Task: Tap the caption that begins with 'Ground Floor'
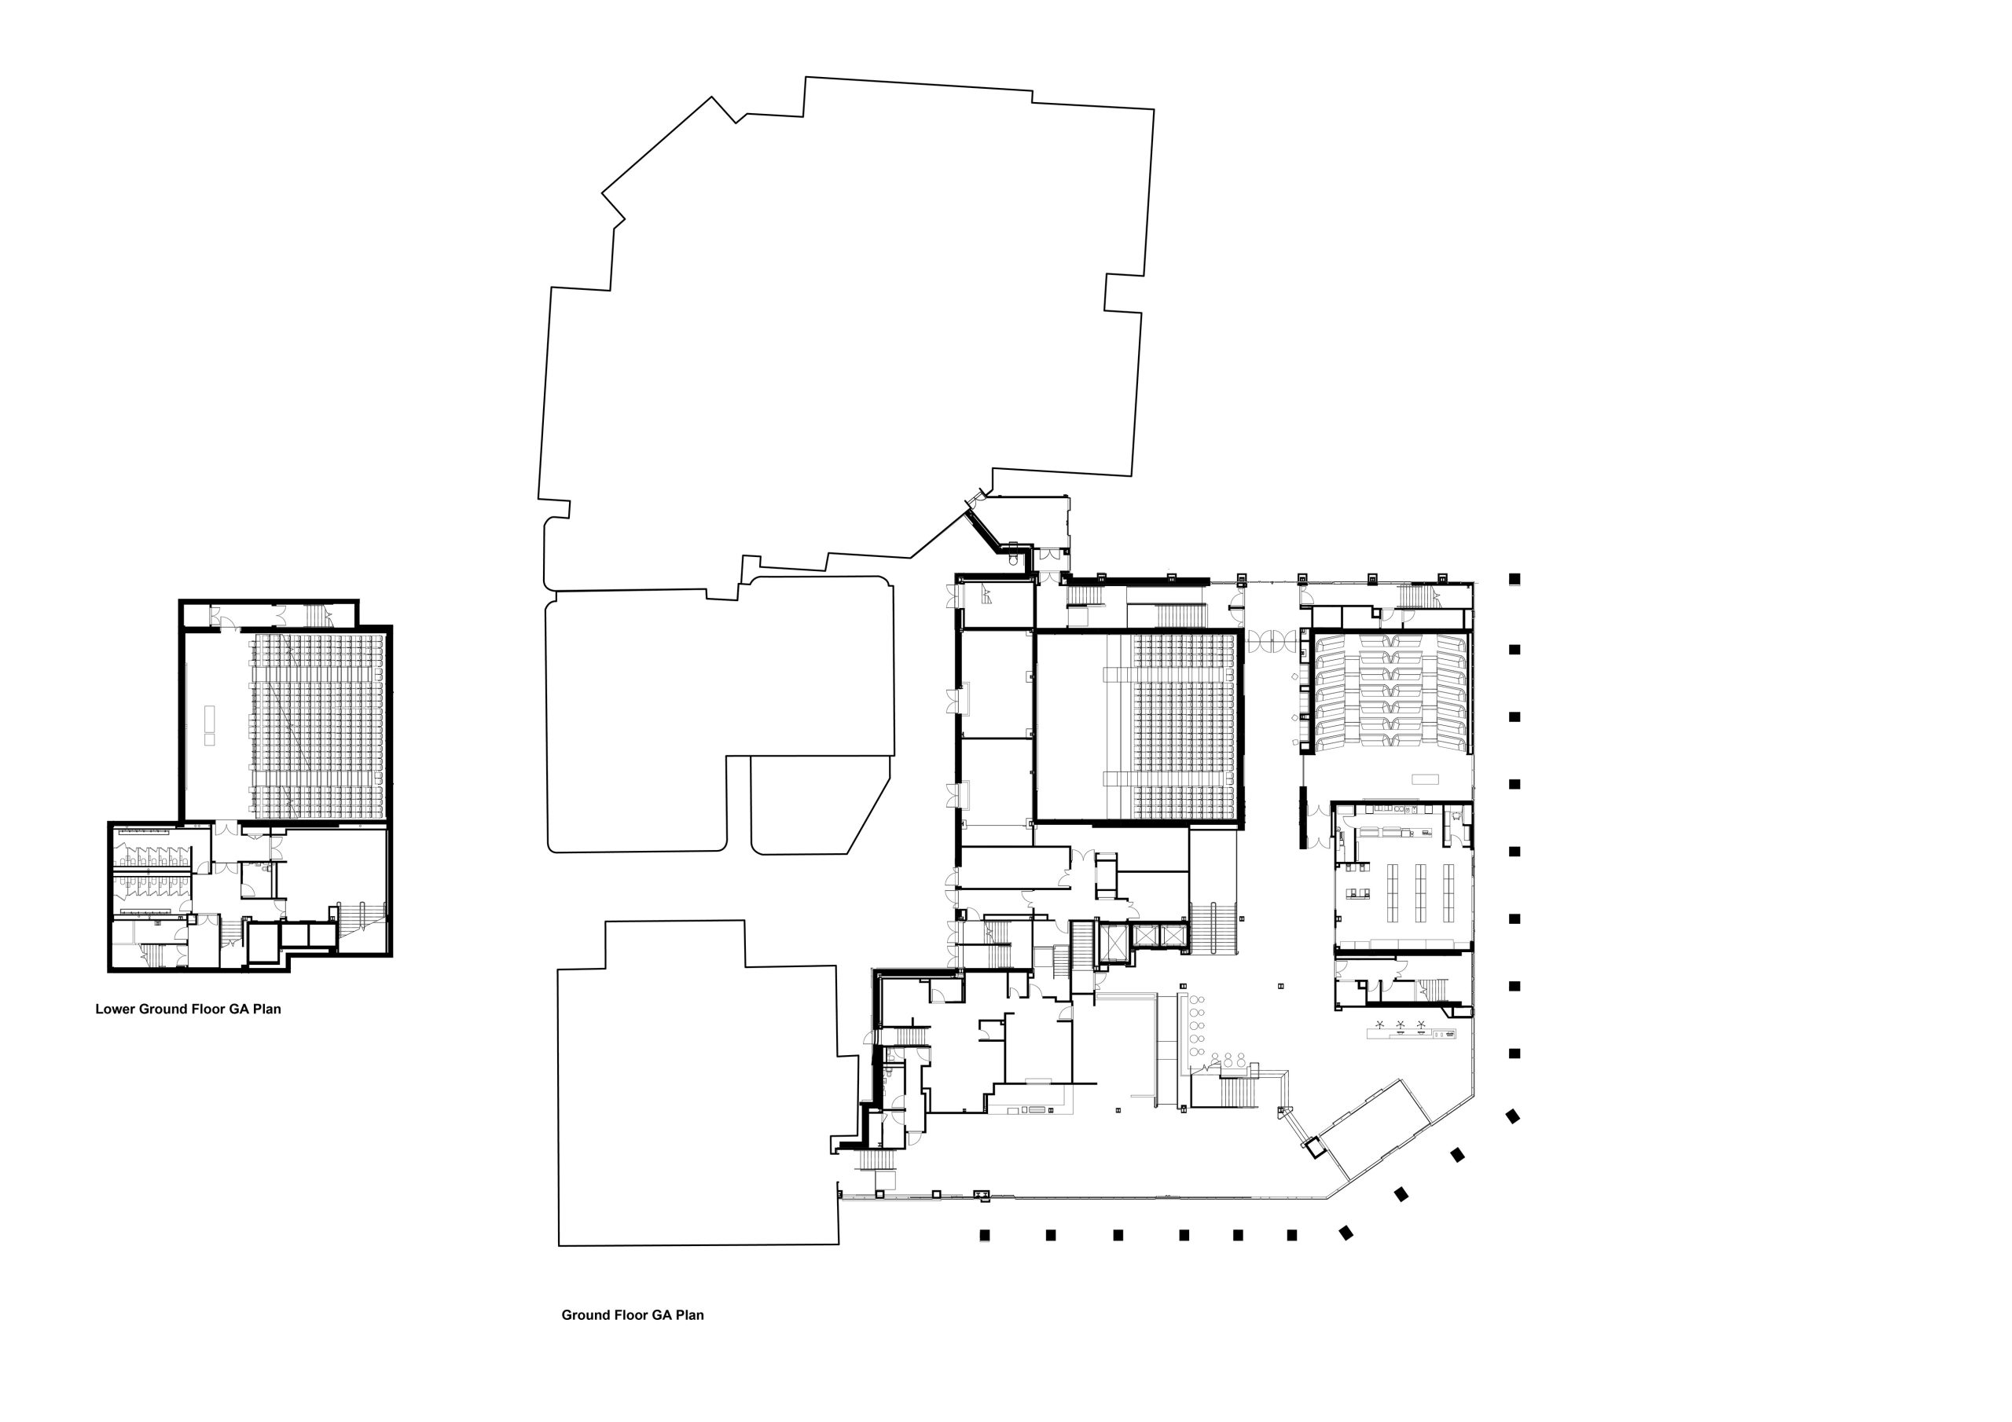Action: (633, 1315)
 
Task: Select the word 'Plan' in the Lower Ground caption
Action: (267, 1010)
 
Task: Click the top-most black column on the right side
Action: (1514, 579)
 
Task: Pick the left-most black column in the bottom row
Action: (984, 1235)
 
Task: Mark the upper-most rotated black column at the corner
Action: (1511, 1116)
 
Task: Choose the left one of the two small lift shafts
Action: (1145, 936)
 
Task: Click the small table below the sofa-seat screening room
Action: (1425, 779)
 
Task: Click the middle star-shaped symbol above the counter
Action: (1401, 1024)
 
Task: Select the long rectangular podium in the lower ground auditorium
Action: (209, 724)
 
